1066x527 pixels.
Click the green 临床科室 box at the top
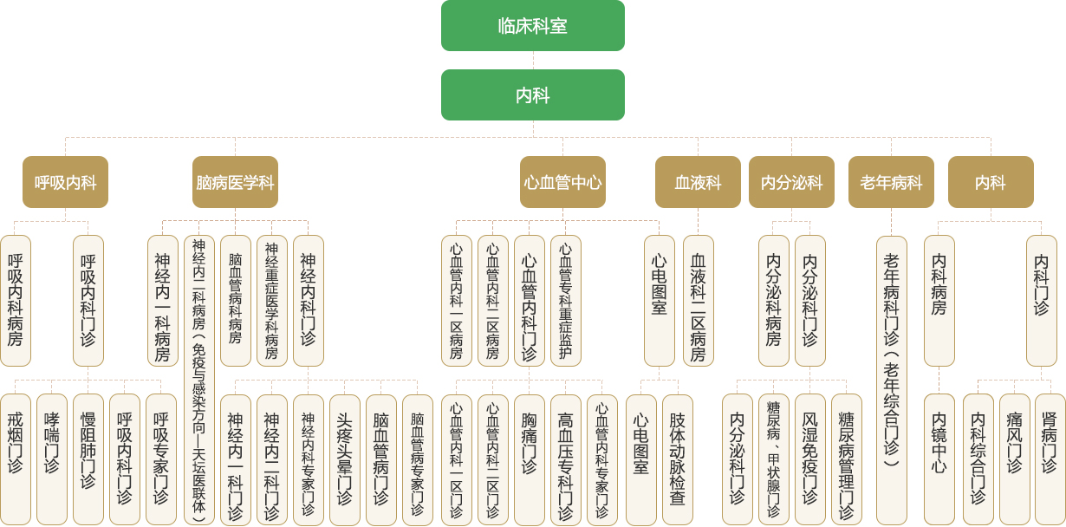click(532, 25)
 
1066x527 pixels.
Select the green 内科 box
click(532, 94)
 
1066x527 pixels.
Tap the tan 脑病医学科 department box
click(235, 182)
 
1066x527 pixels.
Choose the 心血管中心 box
click(562, 182)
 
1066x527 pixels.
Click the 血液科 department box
click(698, 182)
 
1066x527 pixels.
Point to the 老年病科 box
click(891, 182)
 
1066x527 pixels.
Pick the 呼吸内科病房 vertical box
click(16, 300)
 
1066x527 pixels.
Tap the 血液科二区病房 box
click(699, 300)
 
